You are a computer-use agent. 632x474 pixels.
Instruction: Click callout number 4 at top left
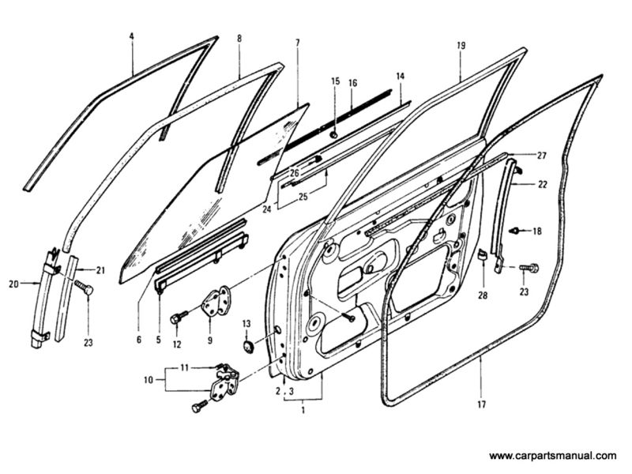(132, 36)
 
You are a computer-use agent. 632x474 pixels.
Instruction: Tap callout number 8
(239, 38)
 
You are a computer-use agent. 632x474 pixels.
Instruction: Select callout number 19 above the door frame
(461, 46)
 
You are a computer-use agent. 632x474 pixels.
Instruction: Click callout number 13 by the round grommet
(246, 324)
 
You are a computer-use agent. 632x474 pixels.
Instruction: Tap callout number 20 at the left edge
(13, 283)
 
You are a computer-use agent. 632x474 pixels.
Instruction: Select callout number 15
(335, 81)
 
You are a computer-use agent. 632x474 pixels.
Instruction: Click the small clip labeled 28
(480, 255)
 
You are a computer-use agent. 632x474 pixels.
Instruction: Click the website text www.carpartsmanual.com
(552, 456)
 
